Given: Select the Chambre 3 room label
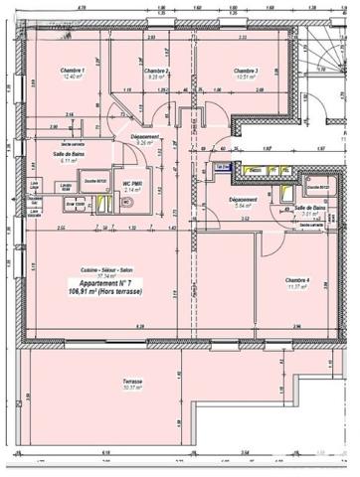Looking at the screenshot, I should tap(246, 72).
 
